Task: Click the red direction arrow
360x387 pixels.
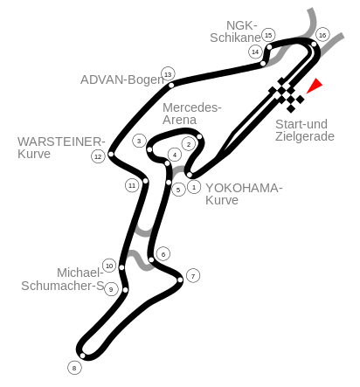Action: coord(315,86)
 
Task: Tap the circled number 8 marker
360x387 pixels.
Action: coord(74,368)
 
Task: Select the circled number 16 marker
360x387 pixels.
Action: coord(322,35)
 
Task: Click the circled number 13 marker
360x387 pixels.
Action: coord(168,74)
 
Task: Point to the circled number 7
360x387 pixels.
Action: coord(193,275)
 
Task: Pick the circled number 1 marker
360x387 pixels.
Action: coord(194,187)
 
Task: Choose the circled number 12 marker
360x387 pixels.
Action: coord(98,156)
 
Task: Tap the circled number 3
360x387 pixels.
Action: coord(139,141)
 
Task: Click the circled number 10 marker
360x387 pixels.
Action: coord(109,266)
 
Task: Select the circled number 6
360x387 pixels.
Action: coord(163,254)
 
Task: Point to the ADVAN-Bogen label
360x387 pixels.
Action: coord(122,79)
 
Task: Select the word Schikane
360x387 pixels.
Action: coord(235,38)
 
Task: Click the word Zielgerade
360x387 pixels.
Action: coord(305,137)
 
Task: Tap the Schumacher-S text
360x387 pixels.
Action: coord(63,286)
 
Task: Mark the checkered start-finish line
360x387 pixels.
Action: coord(287,94)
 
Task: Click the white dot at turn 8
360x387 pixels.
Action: coord(82,356)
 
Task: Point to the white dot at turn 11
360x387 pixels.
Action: coord(145,181)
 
